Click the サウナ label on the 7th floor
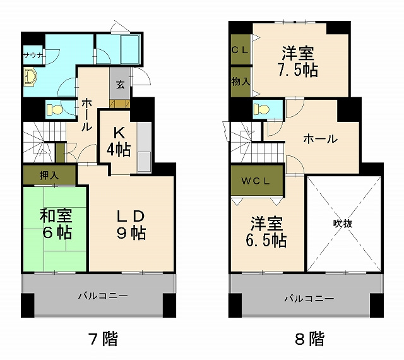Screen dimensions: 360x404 [33, 55]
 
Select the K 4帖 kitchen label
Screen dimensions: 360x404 [119, 142]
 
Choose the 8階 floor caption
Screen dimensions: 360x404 [309, 339]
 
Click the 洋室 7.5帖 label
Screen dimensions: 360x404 [298, 61]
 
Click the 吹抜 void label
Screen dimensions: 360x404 [343, 222]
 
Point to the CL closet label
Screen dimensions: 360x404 [240, 50]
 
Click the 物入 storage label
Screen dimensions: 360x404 [240, 81]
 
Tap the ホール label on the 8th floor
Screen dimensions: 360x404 [320, 140]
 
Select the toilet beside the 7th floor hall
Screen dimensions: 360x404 [55, 109]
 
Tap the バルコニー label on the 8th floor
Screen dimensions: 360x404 [308, 297]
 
